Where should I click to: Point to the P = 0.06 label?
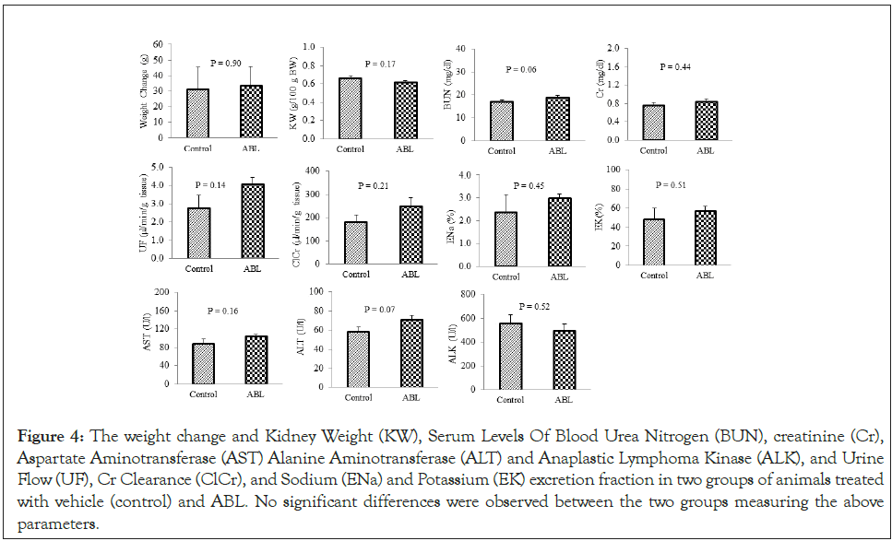pyautogui.click(x=521, y=69)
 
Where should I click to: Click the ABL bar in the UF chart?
pyautogui.click(x=253, y=221)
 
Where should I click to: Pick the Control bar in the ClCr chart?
pyautogui.click(x=355, y=242)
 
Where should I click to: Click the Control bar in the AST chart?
pyautogui.click(x=203, y=363)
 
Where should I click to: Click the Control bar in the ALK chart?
pyautogui.click(x=510, y=356)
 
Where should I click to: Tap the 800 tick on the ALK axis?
pyautogui.click(x=468, y=294)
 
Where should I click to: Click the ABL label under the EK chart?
pyautogui.click(x=705, y=275)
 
